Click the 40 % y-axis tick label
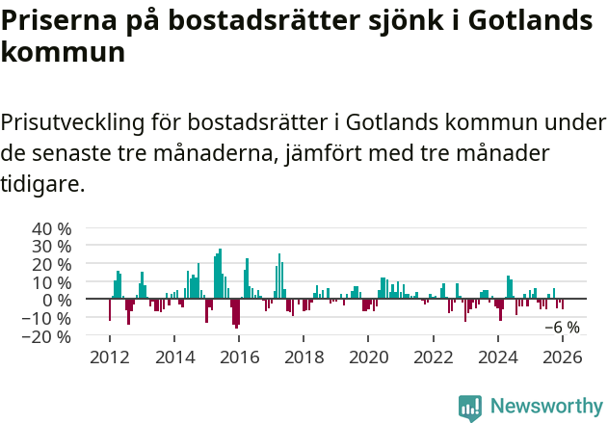tap(52, 229)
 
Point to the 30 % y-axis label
tap(52, 247)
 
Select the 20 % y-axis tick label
tap(52, 265)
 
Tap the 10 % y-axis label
tap(52, 282)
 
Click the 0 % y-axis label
tap(57, 301)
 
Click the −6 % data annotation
tap(562, 328)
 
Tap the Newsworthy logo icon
tap(470, 408)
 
